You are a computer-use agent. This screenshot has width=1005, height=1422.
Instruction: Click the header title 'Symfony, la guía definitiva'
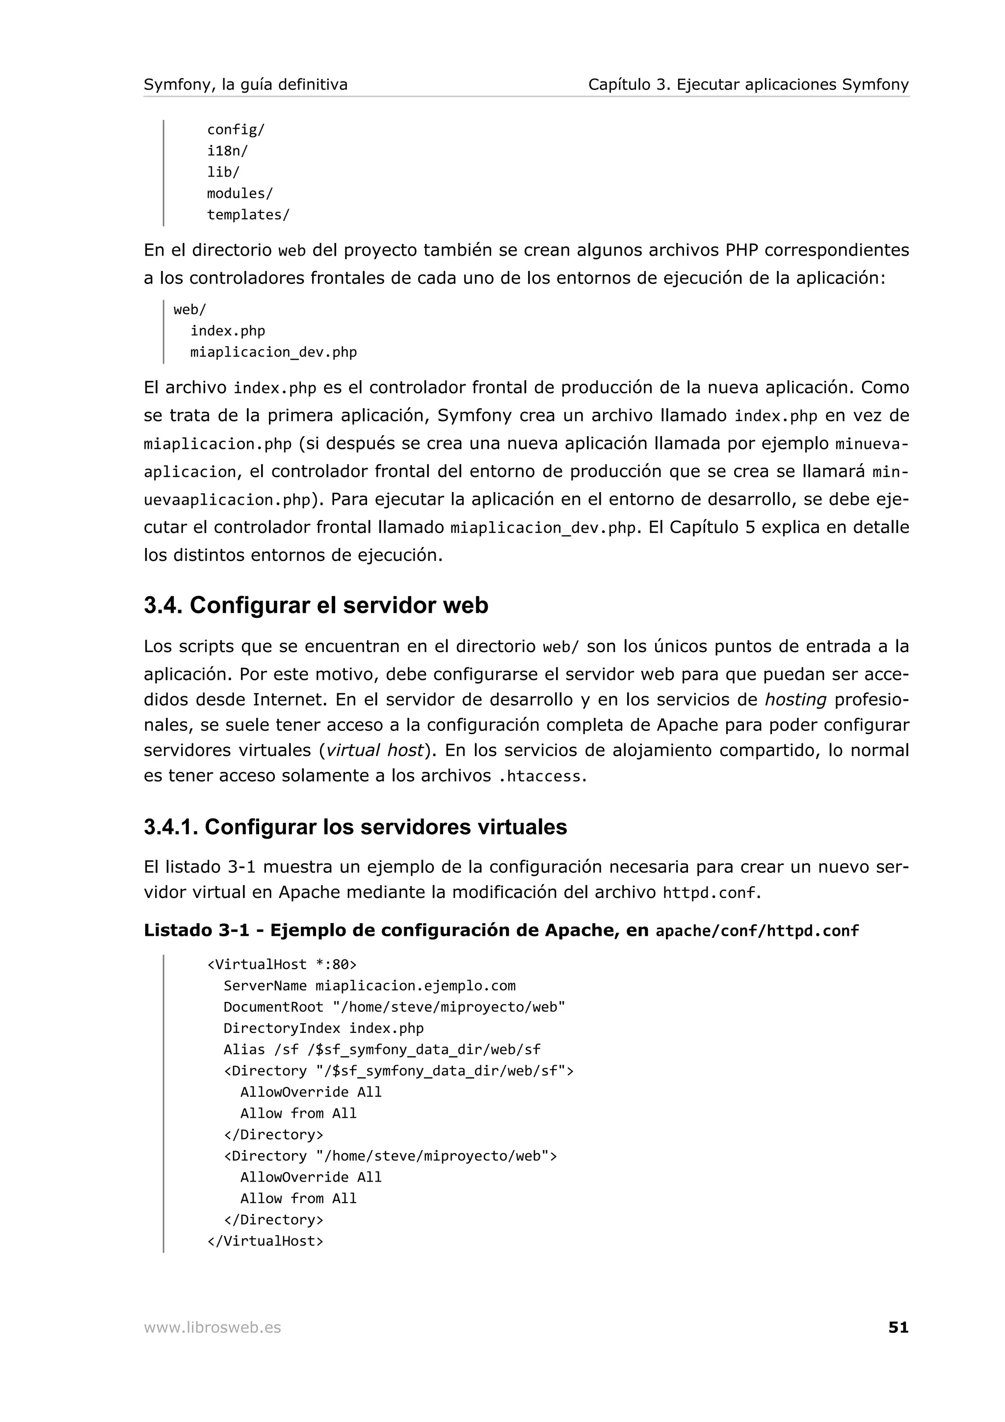tap(245, 84)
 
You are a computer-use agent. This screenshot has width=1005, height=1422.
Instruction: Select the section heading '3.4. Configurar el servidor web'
tap(316, 605)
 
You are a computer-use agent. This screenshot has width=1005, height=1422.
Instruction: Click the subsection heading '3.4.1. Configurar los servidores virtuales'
tap(355, 827)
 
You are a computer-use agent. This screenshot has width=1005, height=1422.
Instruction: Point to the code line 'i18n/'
tap(227, 151)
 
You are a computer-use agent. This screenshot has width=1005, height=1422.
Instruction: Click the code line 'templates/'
tap(248, 214)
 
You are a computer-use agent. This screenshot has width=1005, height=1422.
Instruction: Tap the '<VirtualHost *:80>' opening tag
tap(282, 964)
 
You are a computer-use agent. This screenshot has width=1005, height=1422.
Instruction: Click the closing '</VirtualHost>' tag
tap(265, 1240)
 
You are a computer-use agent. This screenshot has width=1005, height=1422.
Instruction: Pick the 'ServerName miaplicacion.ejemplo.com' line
tap(369, 985)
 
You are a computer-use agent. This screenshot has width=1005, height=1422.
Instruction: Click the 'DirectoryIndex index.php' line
tap(323, 1028)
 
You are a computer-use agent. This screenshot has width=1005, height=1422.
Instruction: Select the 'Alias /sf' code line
tap(381, 1049)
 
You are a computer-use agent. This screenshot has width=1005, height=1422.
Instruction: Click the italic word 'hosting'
tap(795, 700)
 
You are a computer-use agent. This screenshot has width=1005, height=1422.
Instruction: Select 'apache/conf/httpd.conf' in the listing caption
tap(757, 930)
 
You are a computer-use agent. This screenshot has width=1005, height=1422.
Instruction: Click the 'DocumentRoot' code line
tap(394, 1006)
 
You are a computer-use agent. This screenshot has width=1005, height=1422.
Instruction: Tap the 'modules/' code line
tap(239, 193)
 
